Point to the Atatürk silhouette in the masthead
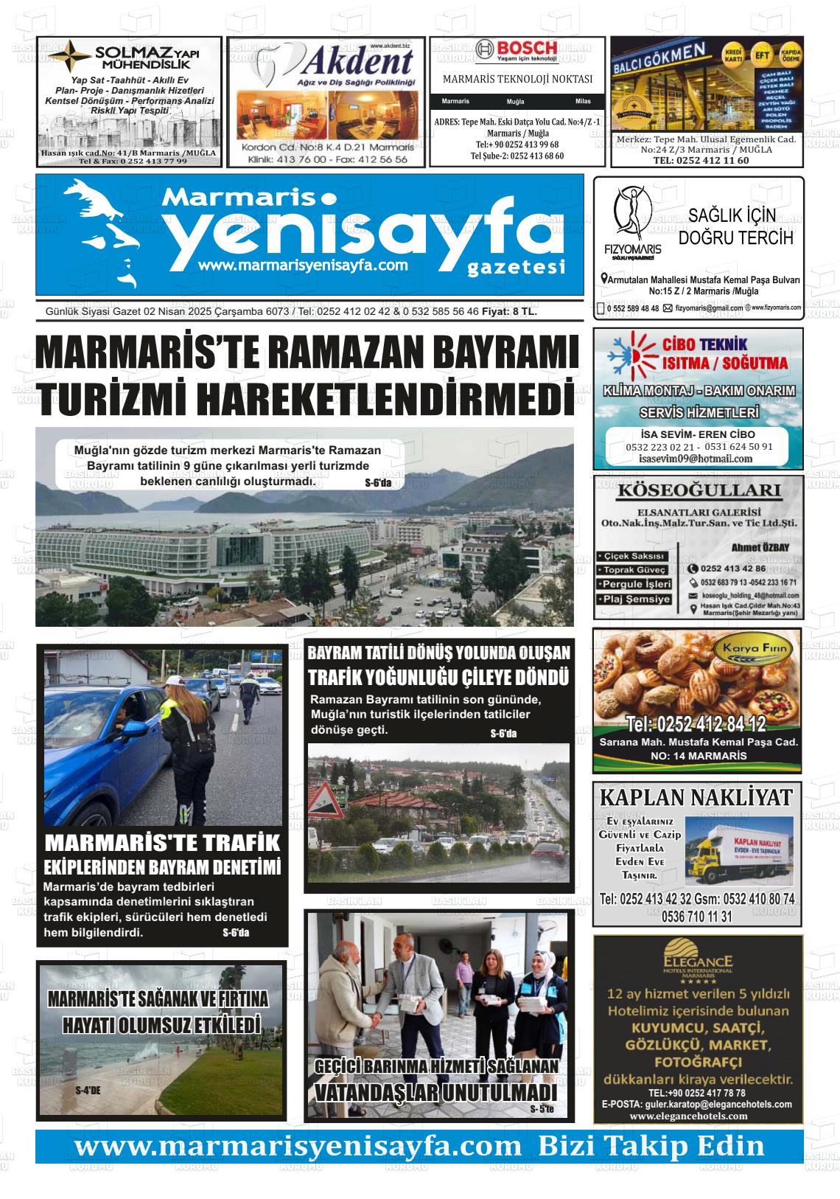click(x=103, y=229)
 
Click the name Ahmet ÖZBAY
click(x=760, y=547)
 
